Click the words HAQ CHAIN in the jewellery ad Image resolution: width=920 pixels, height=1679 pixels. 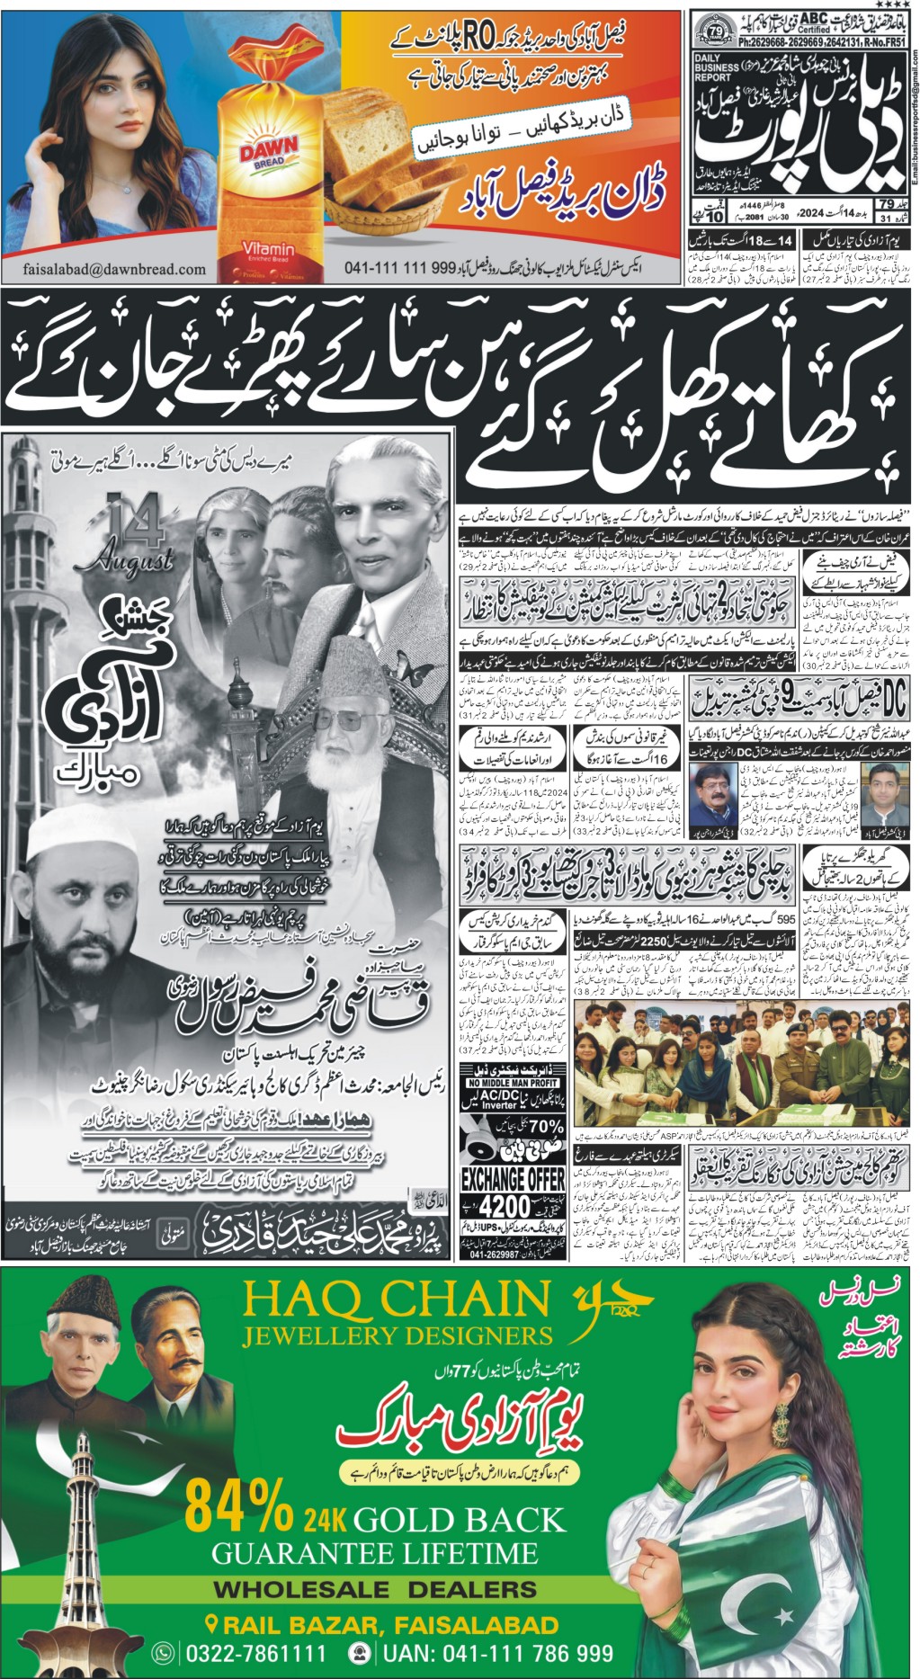(x=396, y=1300)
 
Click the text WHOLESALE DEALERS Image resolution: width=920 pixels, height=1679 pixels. (x=375, y=1589)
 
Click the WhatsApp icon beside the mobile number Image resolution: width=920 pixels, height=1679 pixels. (x=164, y=1653)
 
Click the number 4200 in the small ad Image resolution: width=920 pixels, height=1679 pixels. (x=511, y=1207)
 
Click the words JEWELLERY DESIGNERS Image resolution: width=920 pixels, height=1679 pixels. (x=396, y=1336)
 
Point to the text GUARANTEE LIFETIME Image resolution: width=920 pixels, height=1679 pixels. (x=374, y=1553)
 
